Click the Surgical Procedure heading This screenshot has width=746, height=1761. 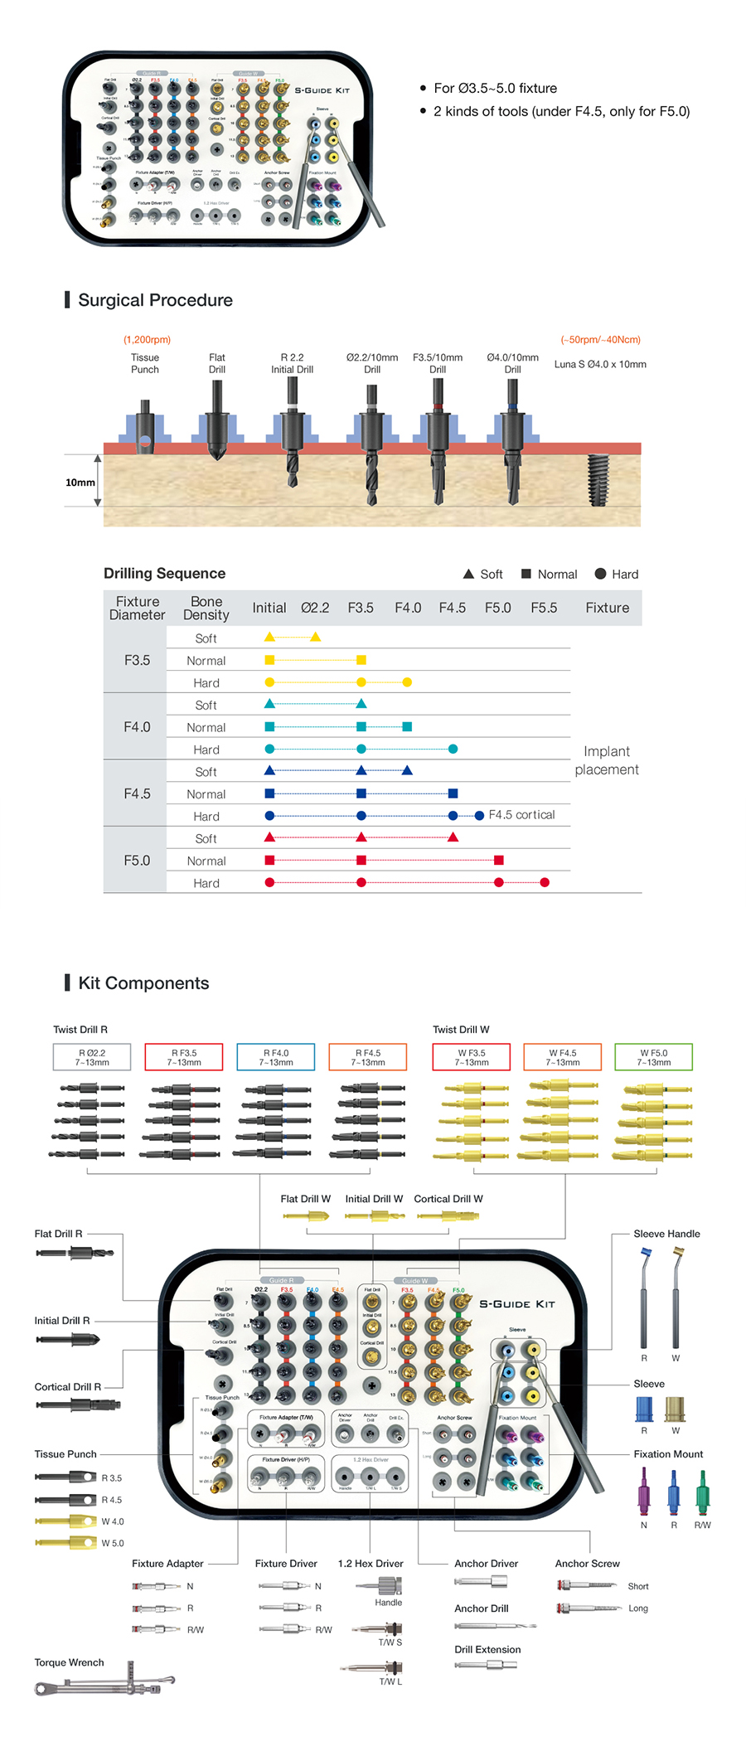[155, 300]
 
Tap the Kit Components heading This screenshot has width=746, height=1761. [143, 983]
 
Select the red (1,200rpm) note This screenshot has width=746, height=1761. [147, 340]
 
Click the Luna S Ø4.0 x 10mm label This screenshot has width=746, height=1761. [600, 364]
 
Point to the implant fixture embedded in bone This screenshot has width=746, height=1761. [598, 480]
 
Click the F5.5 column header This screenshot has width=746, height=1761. [544, 608]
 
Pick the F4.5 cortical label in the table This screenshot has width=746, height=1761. [521, 815]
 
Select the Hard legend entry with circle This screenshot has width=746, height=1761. [617, 574]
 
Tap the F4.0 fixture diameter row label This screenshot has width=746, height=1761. [137, 727]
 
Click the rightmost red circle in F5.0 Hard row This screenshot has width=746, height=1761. [545, 882]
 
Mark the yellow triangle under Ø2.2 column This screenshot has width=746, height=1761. [315, 637]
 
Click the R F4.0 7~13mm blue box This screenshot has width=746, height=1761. [276, 1057]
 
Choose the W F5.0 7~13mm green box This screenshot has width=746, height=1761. [653, 1057]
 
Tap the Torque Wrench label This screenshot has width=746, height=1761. [70, 1662]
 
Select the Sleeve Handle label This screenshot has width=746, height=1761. [666, 1234]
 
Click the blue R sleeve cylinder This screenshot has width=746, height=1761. [644, 1408]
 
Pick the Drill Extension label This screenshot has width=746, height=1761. [487, 1649]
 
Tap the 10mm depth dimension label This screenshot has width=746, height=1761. [80, 482]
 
